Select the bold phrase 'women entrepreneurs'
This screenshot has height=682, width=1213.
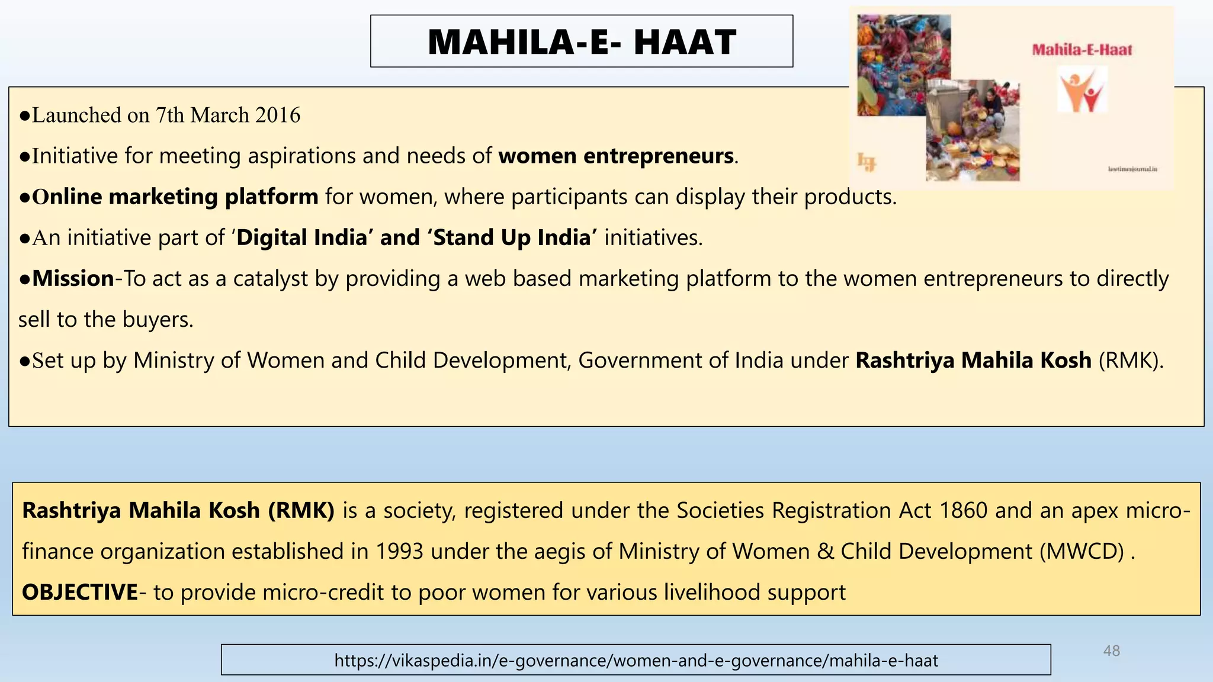point(616,156)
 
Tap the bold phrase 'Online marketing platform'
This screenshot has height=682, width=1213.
point(175,197)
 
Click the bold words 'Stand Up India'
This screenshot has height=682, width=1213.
point(512,237)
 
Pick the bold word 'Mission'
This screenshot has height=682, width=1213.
point(73,278)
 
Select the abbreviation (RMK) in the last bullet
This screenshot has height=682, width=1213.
point(1131,360)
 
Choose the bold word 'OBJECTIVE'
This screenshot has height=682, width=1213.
point(80,592)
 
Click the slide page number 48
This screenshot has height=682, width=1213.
point(1112,651)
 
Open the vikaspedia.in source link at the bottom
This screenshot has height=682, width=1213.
point(636,660)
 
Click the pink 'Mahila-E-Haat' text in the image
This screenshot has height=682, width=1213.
point(1082,50)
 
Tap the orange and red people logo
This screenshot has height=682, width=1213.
point(1082,90)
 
